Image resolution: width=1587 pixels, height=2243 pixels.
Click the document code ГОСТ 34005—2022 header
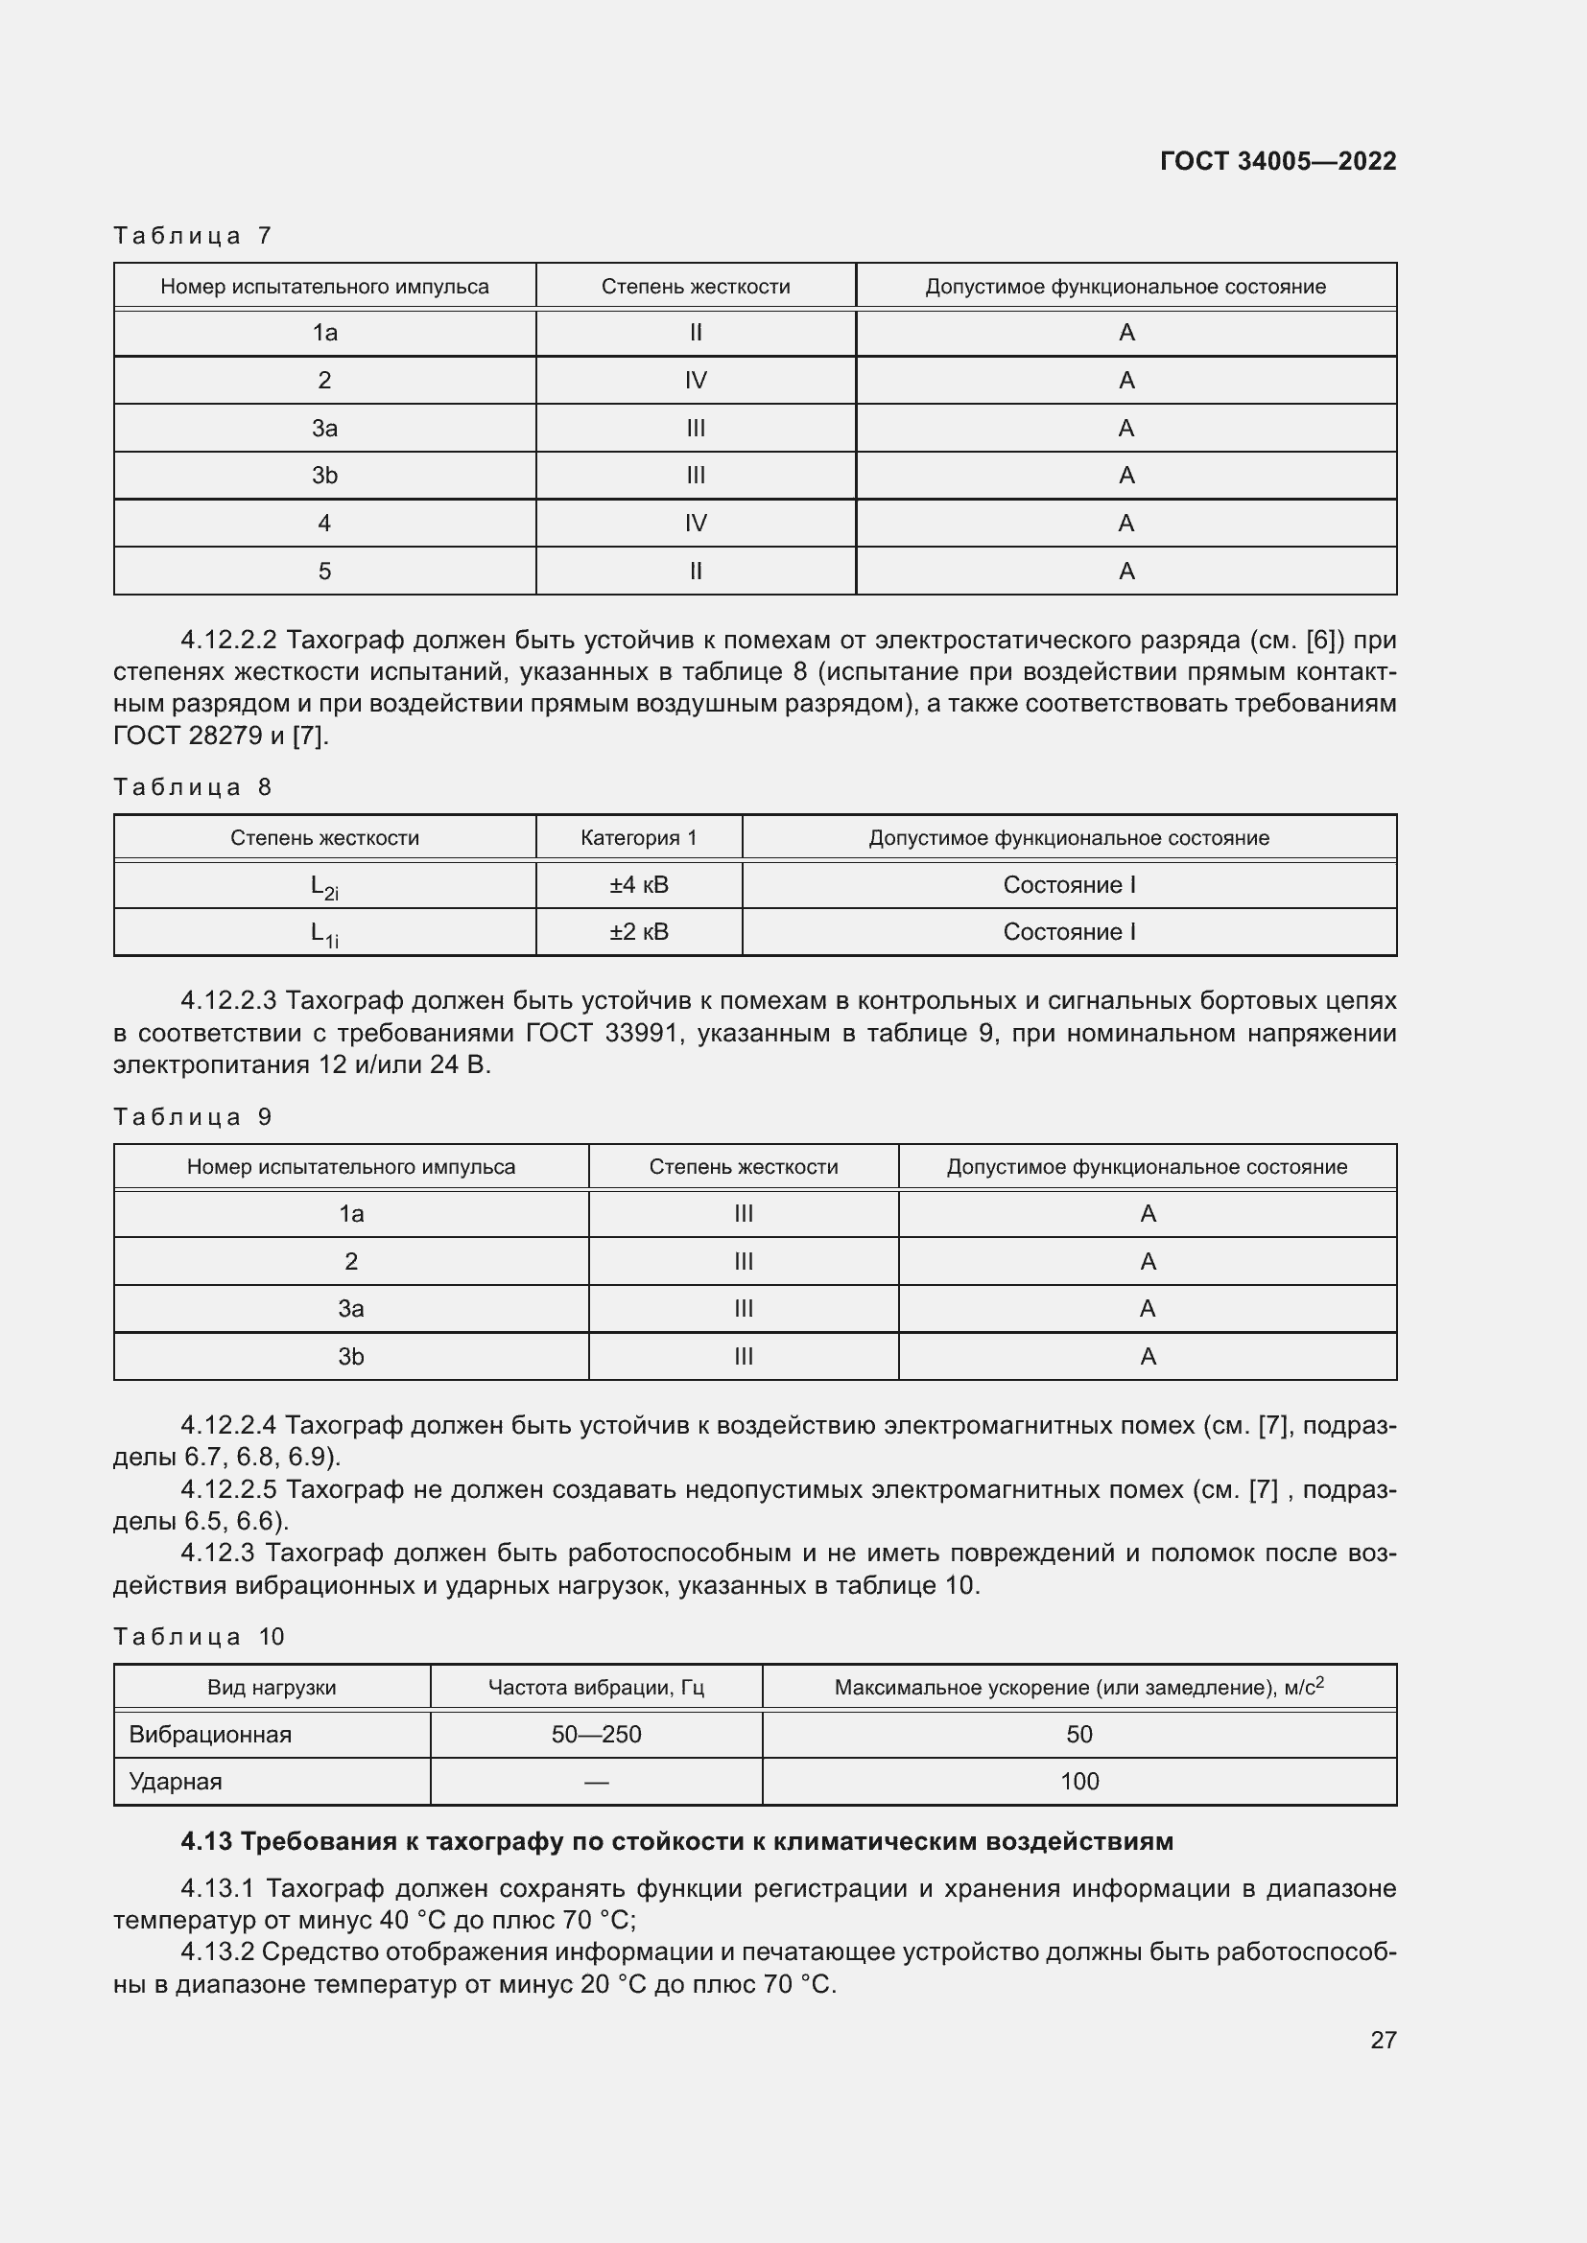click(x=1277, y=161)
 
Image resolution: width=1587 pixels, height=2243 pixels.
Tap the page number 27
click(x=1383, y=2040)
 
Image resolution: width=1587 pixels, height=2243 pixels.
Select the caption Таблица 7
click(x=193, y=236)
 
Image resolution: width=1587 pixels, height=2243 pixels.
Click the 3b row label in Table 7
click(x=324, y=476)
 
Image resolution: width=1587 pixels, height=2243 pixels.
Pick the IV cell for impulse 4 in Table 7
click(x=695, y=524)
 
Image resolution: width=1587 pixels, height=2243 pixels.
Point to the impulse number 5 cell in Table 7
click(x=324, y=572)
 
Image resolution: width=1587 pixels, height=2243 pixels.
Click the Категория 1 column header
click(x=638, y=837)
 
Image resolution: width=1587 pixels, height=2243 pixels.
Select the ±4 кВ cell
click(x=638, y=885)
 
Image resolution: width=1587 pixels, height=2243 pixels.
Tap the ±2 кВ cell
click(x=638, y=932)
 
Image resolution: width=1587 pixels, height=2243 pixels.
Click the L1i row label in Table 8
click(x=324, y=934)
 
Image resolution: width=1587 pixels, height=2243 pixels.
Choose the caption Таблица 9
click(x=193, y=1116)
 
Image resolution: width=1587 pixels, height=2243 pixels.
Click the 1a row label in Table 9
click(x=351, y=1214)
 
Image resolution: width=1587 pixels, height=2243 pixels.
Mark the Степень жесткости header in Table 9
click(x=743, y=1166)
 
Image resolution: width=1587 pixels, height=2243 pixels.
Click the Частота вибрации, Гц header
click(x=595, y=1687)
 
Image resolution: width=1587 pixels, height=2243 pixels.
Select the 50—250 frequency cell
click(x=595, y=1734)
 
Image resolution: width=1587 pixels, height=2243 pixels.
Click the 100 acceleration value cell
click(x=1078, y=1781)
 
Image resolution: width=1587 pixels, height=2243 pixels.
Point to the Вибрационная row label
click(x=210, y=1734)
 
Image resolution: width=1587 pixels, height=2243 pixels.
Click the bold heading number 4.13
click(x=206, y=1841)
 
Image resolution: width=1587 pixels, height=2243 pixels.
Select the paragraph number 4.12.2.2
click(x=228, y=640)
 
